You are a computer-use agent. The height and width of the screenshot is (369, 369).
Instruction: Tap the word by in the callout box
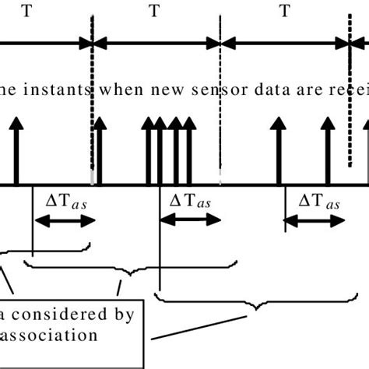(x=124, y=315)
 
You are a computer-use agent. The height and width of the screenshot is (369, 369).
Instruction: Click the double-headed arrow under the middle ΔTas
(x=190, y=221)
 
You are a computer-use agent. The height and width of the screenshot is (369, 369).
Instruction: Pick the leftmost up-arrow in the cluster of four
(x=147, y=152)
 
